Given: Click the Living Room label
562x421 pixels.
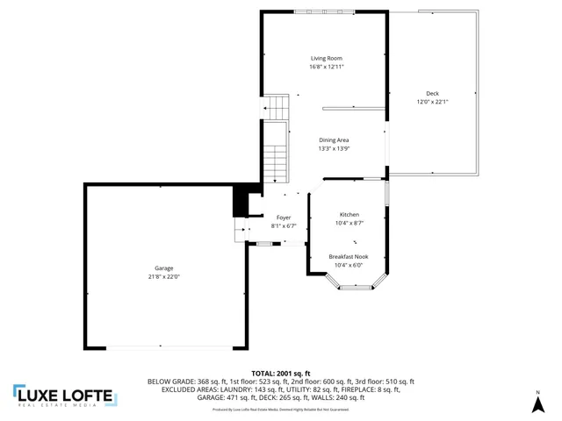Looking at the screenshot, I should tap(326, 58).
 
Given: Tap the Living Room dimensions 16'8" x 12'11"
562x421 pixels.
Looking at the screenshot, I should tap(326, 67).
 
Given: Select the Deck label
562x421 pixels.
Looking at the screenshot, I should tap(432, 93).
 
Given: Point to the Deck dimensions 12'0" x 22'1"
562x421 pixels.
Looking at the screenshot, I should tap(432, 102).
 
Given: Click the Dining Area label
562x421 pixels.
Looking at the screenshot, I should tap(334, 140).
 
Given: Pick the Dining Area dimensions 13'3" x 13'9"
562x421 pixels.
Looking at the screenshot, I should tap(334, 149).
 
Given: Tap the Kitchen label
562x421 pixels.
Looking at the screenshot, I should tap(349, 215).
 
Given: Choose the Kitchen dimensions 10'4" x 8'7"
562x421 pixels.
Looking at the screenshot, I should tap(349, 224).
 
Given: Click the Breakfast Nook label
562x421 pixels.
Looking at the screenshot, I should tap(349, 256).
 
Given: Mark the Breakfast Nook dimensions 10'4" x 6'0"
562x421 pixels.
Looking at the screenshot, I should tap(349, 265).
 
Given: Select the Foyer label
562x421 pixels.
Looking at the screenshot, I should tap(283, 218).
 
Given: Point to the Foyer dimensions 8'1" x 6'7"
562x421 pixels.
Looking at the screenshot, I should tap(283, 226).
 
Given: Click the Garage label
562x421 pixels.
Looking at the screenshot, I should tap(164, 268).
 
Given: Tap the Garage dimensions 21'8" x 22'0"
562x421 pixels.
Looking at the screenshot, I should tap(164, 276).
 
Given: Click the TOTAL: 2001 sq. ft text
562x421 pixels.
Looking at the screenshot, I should tap(280, 374).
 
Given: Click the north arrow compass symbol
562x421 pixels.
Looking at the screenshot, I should tap(537, 402).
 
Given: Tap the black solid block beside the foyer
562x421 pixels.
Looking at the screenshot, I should tap(240, 201).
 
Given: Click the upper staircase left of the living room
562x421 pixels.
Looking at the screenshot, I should tap(277, 107).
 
